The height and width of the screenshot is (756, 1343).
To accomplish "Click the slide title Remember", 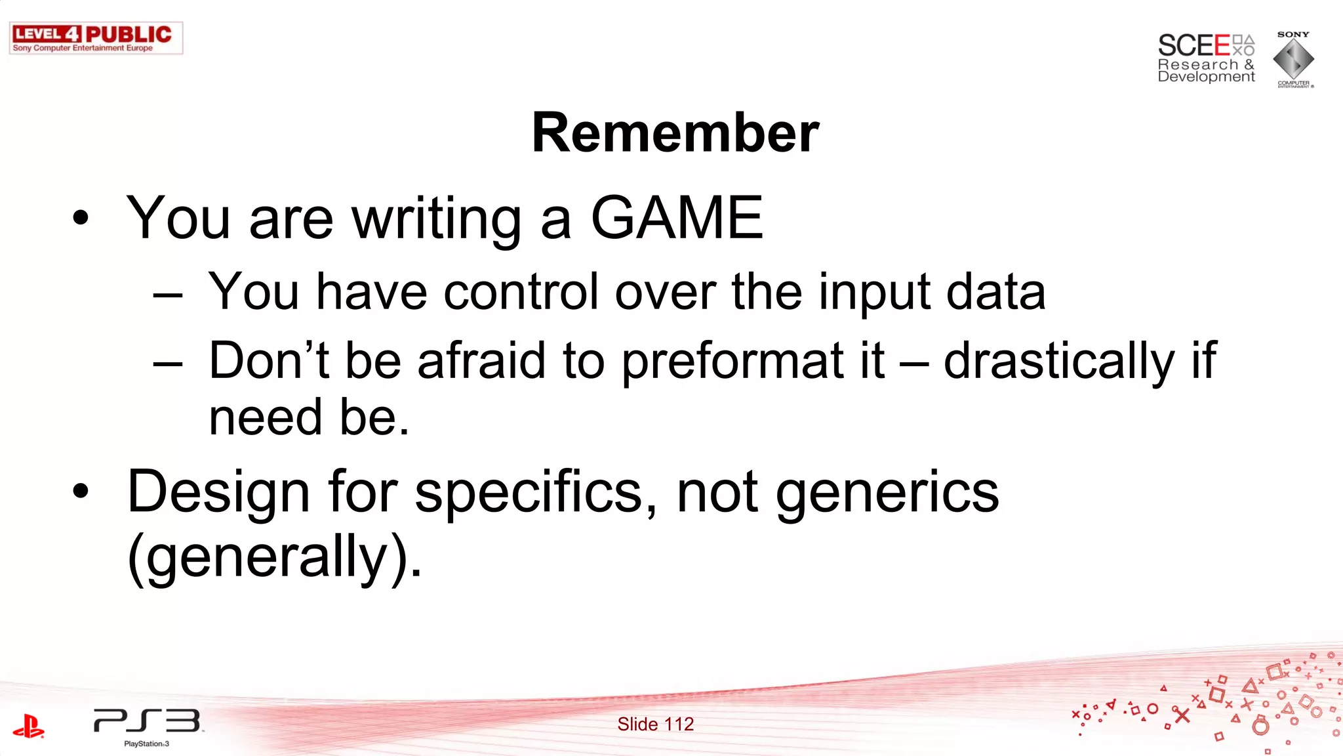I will coord(675,133).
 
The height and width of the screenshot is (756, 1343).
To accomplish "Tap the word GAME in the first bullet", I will coord(677,218).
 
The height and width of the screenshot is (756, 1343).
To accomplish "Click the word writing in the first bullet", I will coord(437,220).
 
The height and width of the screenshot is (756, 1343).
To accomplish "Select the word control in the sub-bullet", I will coord(521,291).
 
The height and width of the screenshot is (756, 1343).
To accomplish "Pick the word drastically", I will coord(1059,362).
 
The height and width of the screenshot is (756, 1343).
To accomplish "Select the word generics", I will coord(887,493).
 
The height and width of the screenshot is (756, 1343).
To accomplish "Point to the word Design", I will coord(218,492).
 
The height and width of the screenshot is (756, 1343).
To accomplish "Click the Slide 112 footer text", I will coord(655,724).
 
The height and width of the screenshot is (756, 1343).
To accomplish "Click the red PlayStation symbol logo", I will coord(28,726).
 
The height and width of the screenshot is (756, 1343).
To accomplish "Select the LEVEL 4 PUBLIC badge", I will coord(96,38).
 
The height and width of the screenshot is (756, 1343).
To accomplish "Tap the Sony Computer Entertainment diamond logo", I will coord(1293,59).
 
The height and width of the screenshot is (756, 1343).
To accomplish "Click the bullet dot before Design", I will coord(81,491).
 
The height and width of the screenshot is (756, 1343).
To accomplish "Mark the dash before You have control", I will coord(168,295).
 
